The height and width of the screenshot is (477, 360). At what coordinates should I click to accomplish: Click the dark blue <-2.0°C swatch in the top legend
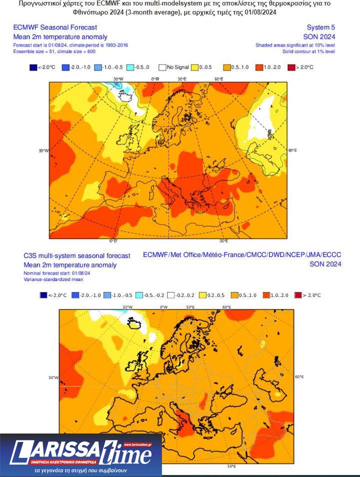click(33, 67)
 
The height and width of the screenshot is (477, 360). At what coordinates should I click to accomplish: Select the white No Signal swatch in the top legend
click(162, 67)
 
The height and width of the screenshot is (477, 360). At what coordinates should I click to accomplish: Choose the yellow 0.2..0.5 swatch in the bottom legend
click(203, 295)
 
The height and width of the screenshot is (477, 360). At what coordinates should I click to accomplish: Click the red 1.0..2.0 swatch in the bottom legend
click(267, 295)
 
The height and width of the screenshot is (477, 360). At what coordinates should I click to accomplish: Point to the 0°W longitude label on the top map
click(155, 79)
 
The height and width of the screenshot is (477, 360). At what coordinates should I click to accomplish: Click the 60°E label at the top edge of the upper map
click(218, 79)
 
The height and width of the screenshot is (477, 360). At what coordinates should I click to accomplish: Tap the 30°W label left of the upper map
click(43, 150)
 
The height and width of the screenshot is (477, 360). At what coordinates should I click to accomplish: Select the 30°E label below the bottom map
click(231, 466)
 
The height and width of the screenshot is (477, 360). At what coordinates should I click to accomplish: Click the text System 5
click(321, 27)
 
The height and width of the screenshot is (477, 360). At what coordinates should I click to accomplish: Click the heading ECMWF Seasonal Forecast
click(55, 27)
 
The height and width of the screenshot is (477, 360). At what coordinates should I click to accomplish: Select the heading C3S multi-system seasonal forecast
click(77, 255)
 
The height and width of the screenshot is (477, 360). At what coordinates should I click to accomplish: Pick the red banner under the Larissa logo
click(65, 461)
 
